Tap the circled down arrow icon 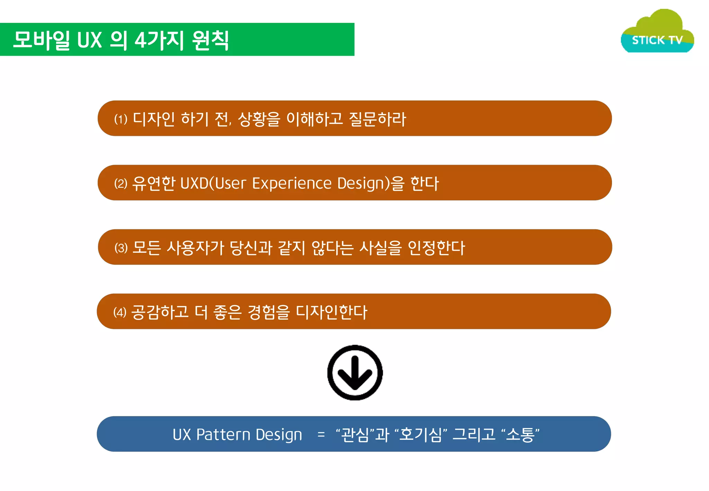tap(355, 373)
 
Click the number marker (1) tap(121, 119)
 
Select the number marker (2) tap(121, 184)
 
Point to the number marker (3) tap(121, 248)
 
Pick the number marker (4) tap(120, 312)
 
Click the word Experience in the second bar tap(292, 184)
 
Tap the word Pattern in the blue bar tap(223, 435)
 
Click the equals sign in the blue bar tap(321, 435)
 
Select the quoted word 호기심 tap(421, 435)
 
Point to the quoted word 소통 tap(520, 435)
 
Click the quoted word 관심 tap(355, 435)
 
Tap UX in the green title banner tap(89, 40)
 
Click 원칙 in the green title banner tap(210, 40)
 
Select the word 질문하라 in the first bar tap(377, 119)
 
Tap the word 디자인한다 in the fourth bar tap(331, 312)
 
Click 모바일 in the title tap(41, 40)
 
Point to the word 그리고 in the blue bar tap(474, 435)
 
